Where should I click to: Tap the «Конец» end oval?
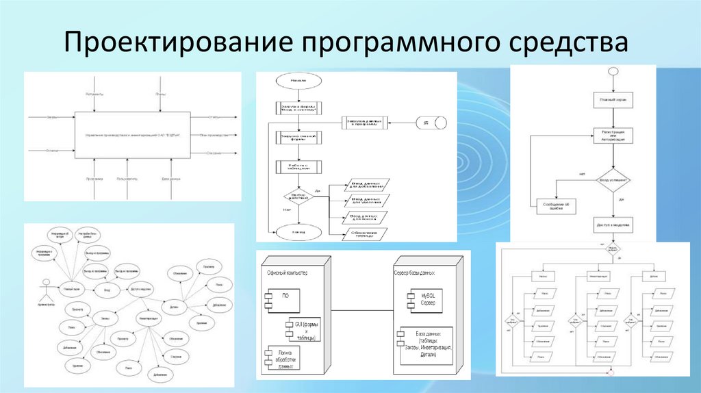297,231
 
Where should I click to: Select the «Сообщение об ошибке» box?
556,206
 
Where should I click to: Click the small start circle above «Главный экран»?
613,72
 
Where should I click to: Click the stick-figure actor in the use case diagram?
47,287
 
